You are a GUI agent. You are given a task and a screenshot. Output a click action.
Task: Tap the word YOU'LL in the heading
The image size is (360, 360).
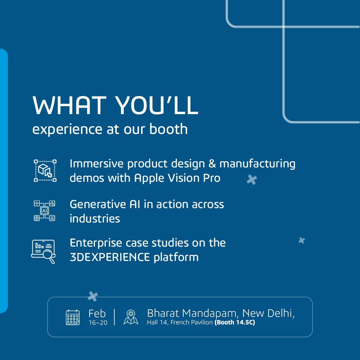coord(157,106)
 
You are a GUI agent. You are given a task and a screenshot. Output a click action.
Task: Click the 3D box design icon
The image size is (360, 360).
coord(45,171)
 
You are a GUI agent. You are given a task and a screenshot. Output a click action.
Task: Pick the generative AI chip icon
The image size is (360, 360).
coord(44,211)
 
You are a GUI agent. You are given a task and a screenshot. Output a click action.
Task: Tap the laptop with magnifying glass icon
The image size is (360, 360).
coord(43,251)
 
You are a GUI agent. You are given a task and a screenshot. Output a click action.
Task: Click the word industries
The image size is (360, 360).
coord(95,219)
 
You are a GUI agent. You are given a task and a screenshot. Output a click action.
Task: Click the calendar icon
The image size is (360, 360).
coord(73,317)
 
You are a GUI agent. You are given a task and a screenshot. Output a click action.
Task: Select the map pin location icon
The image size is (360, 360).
coord(131,317)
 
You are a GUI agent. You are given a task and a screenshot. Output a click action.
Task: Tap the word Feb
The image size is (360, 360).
coord(97,314)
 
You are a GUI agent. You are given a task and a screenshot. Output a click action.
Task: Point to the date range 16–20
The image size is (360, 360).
coord(98,323)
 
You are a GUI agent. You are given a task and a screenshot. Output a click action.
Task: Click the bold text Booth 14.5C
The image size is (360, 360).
coord(235,323)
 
